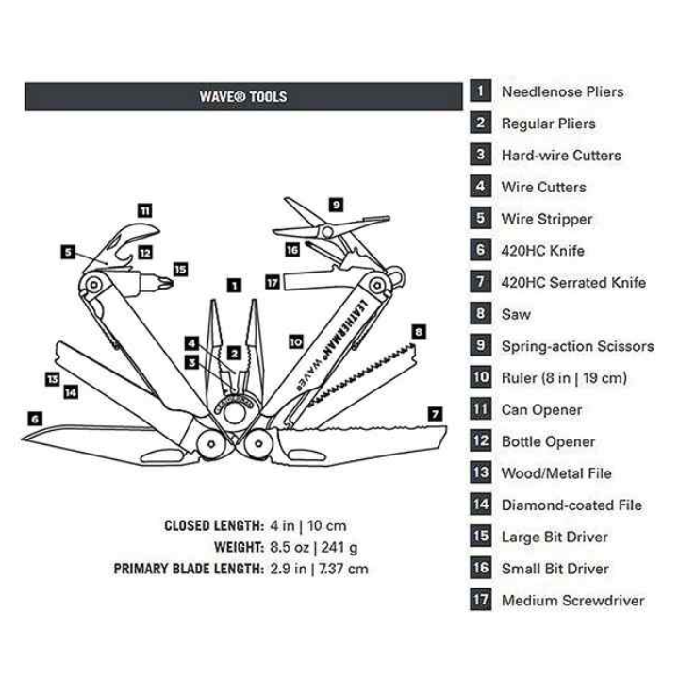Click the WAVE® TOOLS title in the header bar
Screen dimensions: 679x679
(243, 96)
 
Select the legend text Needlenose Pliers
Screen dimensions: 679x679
(562, 91)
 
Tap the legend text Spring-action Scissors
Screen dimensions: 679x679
(577, 346)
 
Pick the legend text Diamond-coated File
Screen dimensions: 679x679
(571, 505)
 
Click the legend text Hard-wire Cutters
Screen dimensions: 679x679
(561, 156)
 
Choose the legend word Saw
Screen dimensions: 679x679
(516, 314)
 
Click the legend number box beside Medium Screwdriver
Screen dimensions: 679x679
(481, 600)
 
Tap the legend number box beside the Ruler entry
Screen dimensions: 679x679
(481, 377)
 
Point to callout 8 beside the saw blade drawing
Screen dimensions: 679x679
(419, 331)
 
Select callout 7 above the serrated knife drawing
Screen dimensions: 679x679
(435, 413)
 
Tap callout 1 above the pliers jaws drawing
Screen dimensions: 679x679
(235, 283)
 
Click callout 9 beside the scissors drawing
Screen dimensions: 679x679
(336, 204)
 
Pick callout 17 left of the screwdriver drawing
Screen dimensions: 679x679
(272, 281)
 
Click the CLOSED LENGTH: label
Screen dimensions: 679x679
(213, 525)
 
